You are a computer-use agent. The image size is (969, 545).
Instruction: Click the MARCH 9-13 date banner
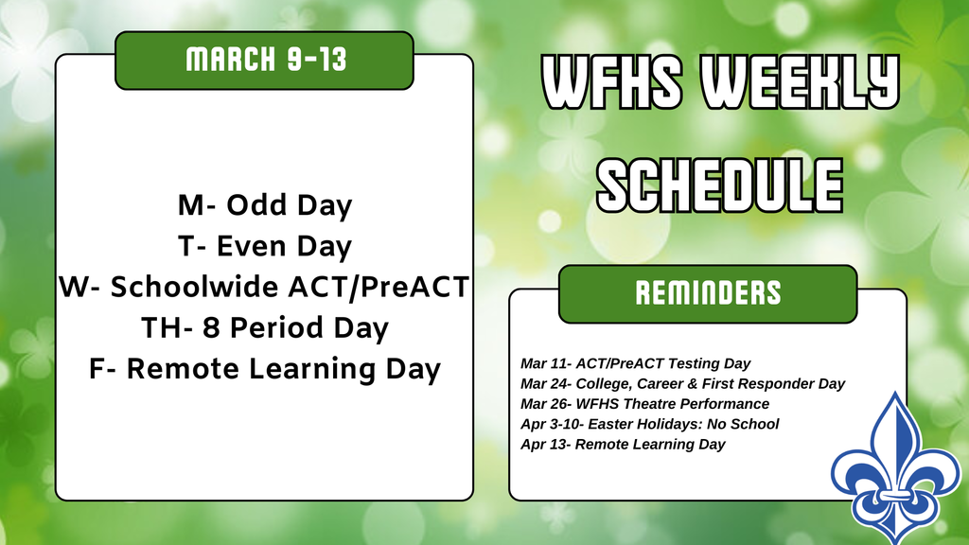click(265, 60)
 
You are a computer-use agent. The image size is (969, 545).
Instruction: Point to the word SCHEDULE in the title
click(720, 185)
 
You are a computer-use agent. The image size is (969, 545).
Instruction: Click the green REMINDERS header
click(708, 293)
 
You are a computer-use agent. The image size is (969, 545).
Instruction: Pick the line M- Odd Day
click(265, 205)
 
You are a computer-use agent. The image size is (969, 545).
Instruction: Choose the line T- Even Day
click(265, 247)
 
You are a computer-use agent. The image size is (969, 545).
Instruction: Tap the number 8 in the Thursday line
click(211, 327)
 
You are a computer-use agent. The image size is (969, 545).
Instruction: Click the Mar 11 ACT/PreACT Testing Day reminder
click(635, 363)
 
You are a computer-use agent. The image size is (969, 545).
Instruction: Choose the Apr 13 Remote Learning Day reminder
click(623, 445)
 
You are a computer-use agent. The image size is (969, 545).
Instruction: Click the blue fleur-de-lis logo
click(895, 468)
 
